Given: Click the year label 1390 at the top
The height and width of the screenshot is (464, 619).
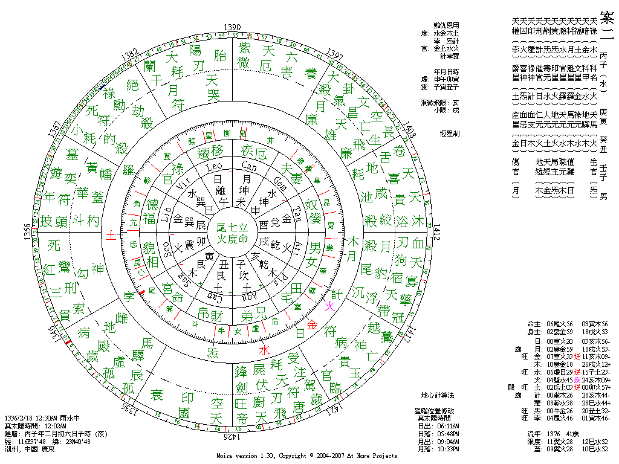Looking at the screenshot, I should coord(233,27).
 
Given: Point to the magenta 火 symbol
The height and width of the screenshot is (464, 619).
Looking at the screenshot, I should coord(330,307).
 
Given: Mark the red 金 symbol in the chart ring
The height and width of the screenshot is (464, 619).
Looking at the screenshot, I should coord(312,324).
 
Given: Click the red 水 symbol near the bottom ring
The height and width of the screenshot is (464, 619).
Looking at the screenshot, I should coord(263,349).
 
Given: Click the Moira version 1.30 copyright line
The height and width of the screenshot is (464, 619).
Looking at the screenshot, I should coord(307,456).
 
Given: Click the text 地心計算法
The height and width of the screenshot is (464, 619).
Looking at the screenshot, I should coord(438,395).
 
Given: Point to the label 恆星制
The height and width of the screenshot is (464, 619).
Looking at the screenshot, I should coord(449,134).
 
